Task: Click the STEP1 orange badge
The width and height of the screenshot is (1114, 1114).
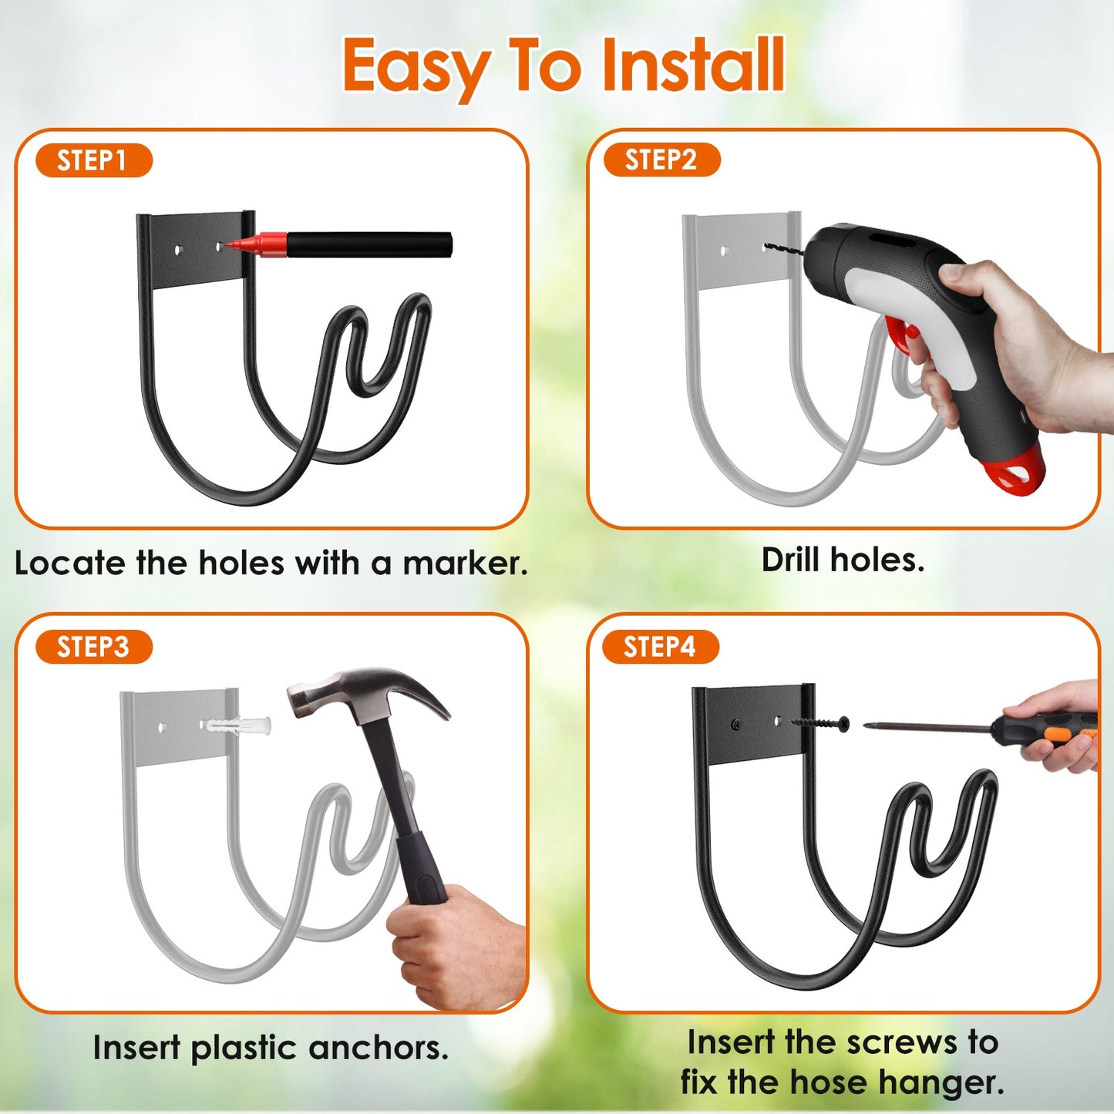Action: coord(93,160)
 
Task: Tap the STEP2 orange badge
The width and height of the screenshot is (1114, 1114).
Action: coord(661,160)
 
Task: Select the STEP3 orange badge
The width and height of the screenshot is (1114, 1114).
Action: coord(93,647)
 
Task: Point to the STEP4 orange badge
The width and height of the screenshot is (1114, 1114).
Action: coord(660,646)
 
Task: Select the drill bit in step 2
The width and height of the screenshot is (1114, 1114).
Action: coord(784,248)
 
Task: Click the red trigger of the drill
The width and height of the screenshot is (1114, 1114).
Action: coord(902,335)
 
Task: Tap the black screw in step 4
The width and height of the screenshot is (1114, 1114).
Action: coord(820,723)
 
